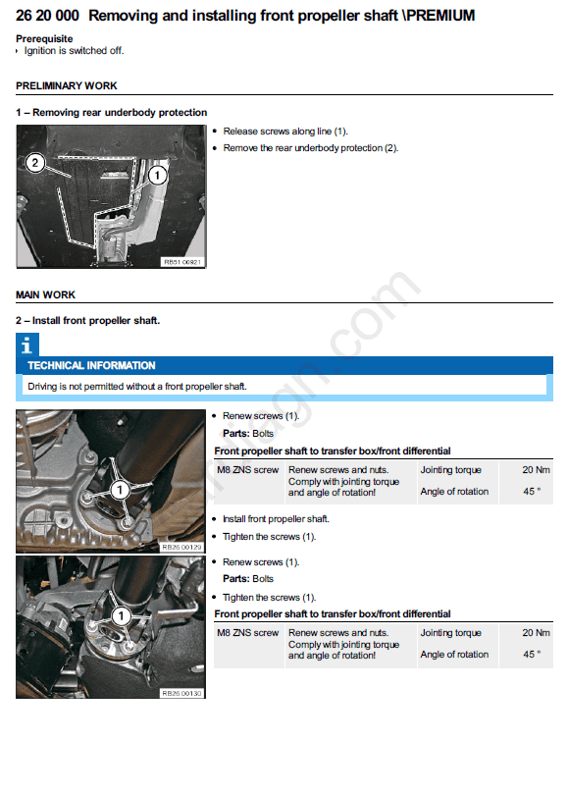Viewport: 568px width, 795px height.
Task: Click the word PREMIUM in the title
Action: coord(440,16)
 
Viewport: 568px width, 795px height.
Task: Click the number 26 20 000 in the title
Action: coord(48,16)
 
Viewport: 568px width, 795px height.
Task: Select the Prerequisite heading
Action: coord(44,38)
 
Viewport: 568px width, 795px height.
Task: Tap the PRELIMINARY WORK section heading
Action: coord(67,85)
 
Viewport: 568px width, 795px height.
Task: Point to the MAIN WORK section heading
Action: coord(45,294)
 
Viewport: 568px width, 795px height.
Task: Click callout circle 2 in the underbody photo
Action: coord(35,163)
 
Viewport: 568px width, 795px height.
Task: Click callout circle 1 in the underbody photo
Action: coord(157,176)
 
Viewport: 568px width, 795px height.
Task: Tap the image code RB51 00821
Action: coord(182,262)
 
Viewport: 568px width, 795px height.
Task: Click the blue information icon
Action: coord(27,344)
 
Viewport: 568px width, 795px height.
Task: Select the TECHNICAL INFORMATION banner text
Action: coord(91,365)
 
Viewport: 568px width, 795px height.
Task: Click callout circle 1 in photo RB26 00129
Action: coord(120,490)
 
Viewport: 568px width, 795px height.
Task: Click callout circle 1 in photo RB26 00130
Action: coord(121,616)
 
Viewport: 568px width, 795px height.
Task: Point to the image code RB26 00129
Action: coord(181,547)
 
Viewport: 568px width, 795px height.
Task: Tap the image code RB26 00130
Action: coord(181,693)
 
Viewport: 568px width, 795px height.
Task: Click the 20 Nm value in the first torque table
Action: coord(536,470)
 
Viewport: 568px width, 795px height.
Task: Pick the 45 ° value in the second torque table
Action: coord(532,655)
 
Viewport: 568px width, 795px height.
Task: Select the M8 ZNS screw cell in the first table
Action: coord(248,470)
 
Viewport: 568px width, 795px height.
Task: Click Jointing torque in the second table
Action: coord(450,633)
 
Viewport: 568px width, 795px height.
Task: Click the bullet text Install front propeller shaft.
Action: coord(276,519)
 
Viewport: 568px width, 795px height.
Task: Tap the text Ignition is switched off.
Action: coord(74,51)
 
